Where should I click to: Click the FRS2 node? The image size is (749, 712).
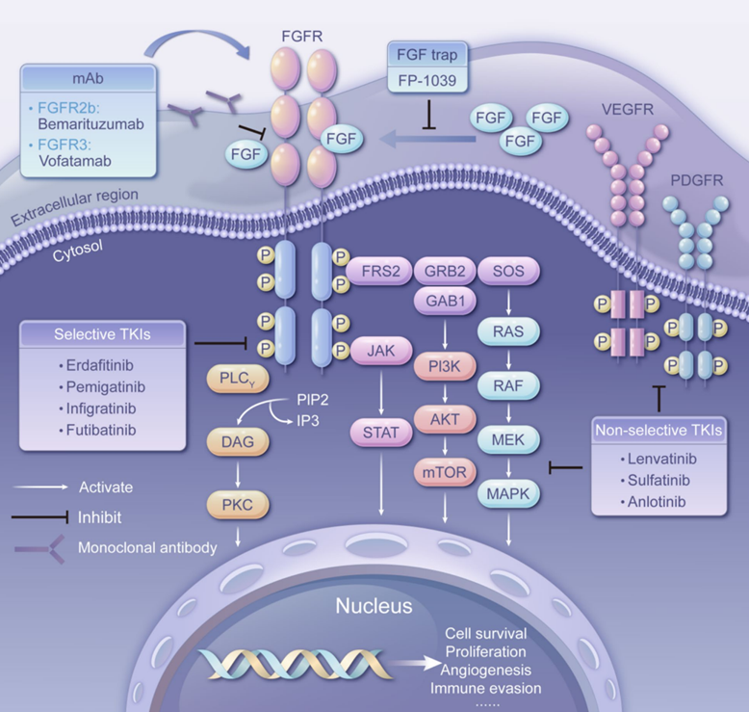379,271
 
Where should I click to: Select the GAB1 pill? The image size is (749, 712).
445,302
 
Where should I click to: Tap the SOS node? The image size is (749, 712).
508,271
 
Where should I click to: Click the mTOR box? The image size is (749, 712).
444,472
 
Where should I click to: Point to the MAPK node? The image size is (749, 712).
508,493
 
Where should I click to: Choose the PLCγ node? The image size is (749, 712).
238,380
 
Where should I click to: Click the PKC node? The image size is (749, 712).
238,505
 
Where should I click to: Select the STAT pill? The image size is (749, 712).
380,433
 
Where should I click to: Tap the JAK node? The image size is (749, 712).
380,351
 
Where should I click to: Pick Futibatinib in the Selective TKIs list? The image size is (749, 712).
101,430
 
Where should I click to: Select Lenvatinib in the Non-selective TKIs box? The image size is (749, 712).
662,459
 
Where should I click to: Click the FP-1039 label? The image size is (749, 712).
427,80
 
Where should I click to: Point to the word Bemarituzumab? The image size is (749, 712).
90,124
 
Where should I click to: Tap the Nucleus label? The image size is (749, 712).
374,606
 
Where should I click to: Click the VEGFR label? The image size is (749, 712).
627,110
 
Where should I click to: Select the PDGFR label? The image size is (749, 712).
696,180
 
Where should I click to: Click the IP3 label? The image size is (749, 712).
308,421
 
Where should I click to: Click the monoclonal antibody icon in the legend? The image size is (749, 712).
40,549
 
